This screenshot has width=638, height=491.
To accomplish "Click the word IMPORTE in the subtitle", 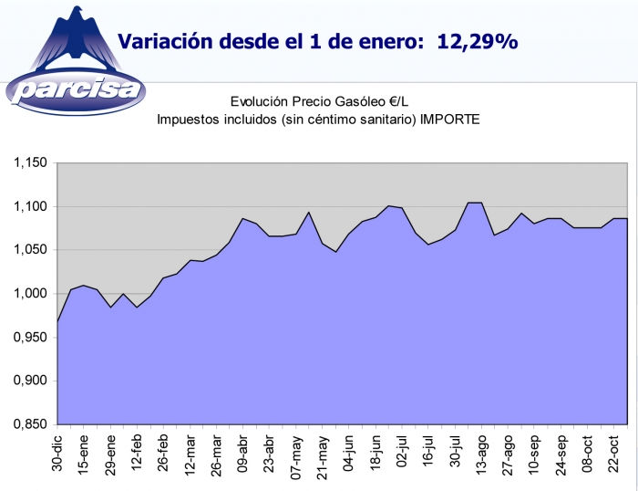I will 449,120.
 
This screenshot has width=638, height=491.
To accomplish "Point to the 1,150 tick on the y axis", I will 29,163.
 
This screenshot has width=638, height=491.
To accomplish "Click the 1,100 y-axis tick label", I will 29,207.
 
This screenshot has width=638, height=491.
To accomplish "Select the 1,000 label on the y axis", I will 29,294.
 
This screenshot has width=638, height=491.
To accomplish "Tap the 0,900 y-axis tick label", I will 29,381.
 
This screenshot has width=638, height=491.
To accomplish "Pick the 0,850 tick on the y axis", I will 29,424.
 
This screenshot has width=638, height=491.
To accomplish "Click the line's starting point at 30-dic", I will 57,321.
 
